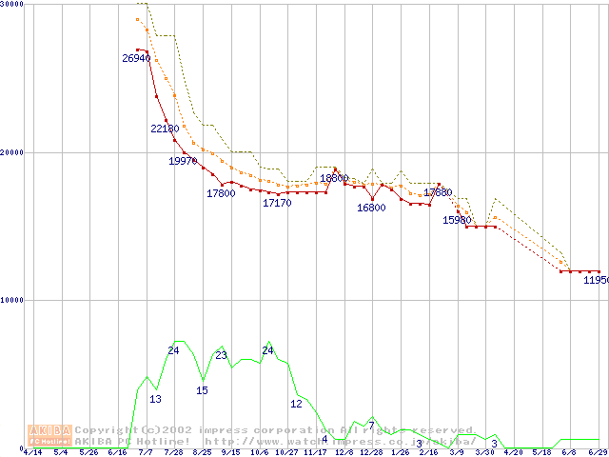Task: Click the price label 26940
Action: pyautogui.click(x=136, y=58)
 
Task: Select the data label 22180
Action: pyautogui.click(x=165, y=129)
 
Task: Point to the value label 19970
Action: pyautogui.click(x=183, y=161)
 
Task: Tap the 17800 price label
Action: pyautogui.click(x=221, y=193)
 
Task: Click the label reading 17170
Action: pyautogui.click(x=277, y=203)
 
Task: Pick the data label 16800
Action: pyautogui.click(x=371, y=208)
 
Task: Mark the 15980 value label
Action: pyautogui.click(x=458, y=220)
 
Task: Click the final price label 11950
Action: pyautogui.click(x=596, y=280)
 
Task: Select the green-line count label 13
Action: pyautogui.click(x=155, y=399)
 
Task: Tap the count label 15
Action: pyautogui.click(x=202, y=390)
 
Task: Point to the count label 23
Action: pyautogui.click(x=221, y=355)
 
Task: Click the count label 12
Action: pyautogui.click(x=296, y=404)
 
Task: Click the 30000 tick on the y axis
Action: pyautogui.click(x=12, y=5)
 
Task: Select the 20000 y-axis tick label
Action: pyautogui.click(x=12, y=152)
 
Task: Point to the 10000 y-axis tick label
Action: pyautogui.click(x=12, y=300)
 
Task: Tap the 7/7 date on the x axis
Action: pyautogui.click(x=146, y=453)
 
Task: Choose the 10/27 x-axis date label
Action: pyautogui.click(x=286, y=453)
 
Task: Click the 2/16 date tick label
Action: pyautogui.click(x=428, y=453)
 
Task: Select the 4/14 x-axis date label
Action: pyautogui.click(x=31, y=453)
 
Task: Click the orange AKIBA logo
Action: pyautogui.click(x=50, y=435)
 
